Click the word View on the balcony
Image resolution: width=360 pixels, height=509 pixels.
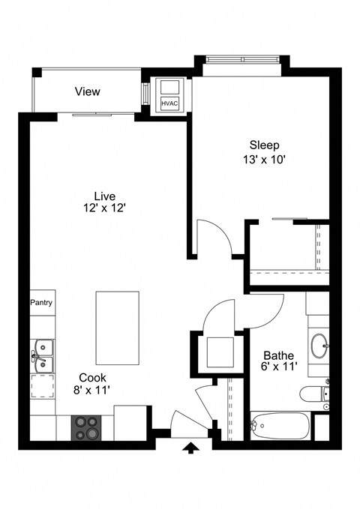[x=87, y=91]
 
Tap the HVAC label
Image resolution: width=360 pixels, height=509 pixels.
[x=169, y=103]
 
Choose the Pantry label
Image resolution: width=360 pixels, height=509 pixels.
[x=41, y=303]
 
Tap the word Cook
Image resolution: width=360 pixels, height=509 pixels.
[x=93, y=378]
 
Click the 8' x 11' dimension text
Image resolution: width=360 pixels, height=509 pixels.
[x=93, y=391]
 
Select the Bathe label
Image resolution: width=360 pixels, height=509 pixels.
[x=277, y=355]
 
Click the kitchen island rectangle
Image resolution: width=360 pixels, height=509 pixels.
[x=117, y=328]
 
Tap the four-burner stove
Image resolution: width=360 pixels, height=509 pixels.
[x=87, y=427]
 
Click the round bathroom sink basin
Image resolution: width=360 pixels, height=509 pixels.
[x=319, y=346]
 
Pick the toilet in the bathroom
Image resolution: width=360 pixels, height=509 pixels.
[x=313, y=394]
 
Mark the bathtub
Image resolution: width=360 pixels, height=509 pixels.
[x=278, y=426]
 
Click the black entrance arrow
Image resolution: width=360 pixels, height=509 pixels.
[x=191, y=448]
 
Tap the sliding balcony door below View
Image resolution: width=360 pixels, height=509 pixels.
[x=103, y=115]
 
